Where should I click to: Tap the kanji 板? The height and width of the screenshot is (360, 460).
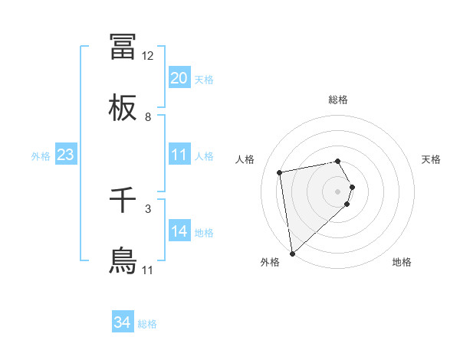point(123,108)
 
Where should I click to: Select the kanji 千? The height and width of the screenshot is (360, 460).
point(123,200)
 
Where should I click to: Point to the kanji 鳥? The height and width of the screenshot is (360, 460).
point(123,261)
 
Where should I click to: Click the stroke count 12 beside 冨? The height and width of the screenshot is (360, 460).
point(148,56)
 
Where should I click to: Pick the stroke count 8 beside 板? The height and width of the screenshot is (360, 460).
point(148,117)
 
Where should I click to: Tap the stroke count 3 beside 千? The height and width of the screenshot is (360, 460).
point(148,208)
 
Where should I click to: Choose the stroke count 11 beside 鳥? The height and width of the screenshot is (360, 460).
point(148,270)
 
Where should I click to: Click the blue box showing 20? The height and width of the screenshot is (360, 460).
point(179,78)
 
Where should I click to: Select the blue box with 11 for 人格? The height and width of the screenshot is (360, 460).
point(179,155)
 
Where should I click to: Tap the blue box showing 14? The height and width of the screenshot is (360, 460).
point(179,231)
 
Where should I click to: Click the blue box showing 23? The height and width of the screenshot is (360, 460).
point(66,155)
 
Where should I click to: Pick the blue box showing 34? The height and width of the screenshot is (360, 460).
point(123,323)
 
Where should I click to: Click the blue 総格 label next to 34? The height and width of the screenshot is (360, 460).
point(147,324)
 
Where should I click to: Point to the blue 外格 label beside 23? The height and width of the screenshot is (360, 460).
point(41,155)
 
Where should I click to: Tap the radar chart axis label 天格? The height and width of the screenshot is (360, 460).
point(431,159)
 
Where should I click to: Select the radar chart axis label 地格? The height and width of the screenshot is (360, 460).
point(402,262)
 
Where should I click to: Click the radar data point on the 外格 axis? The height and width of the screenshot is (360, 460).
point(292,253)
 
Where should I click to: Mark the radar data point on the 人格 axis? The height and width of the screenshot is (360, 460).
point(280,172)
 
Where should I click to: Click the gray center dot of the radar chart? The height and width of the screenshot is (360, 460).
point(337,191)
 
